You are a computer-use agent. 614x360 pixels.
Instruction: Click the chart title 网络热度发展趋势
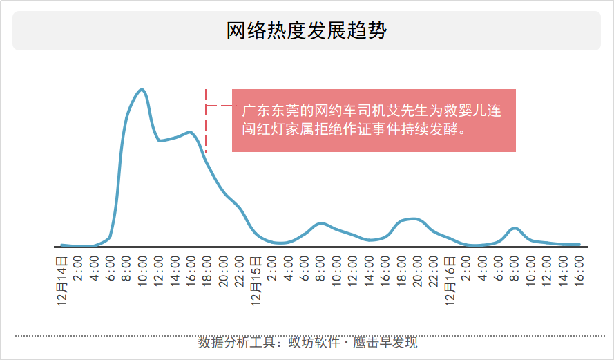307,31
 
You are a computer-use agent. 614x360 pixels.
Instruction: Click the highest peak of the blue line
142,90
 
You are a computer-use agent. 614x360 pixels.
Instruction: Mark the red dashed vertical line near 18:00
206,121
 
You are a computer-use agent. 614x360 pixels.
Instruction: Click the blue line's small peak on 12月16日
514,228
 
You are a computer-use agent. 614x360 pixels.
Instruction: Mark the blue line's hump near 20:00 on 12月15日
413,219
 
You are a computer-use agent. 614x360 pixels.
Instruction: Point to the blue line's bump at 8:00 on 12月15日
320,223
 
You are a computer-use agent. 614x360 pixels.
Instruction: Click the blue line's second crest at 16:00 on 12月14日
189,132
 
